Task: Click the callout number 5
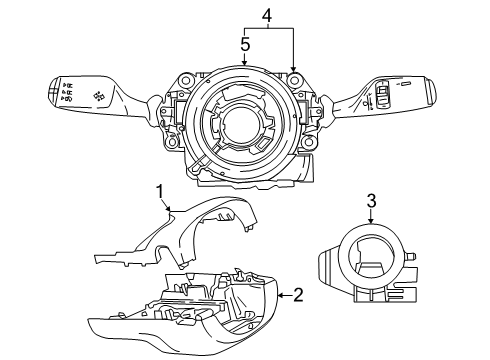coord(244,44)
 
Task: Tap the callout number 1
coord(159,190)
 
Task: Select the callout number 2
coord(296,295)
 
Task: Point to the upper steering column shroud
coord(190,235)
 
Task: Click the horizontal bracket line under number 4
coord(268,30)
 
